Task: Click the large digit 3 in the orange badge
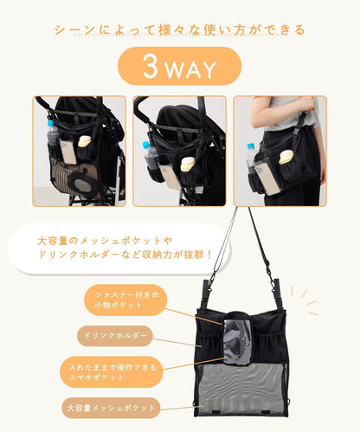[x=151, y=66]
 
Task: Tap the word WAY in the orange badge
[x=191, y=69]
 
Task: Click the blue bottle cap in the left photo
[x=50, y=123]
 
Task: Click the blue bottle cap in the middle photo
[x=146, y=145]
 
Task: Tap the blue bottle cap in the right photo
[x=250, y=146]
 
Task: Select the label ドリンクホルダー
[x=115, y=336]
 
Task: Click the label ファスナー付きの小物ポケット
[x=125, y=300]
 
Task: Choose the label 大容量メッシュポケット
[x=111, y=408]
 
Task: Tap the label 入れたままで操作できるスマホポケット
[x=112, y=372]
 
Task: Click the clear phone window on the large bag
[x=238, y=341]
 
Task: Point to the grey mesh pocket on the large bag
[x=241, y=390]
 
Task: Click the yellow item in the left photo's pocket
[x=86, y=141]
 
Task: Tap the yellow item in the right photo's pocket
[x=286, y=157]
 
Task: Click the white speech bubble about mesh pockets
[x=119, y=248]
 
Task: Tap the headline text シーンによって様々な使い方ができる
[x=179, y=30]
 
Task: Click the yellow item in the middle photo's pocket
[x=187, y=164]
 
